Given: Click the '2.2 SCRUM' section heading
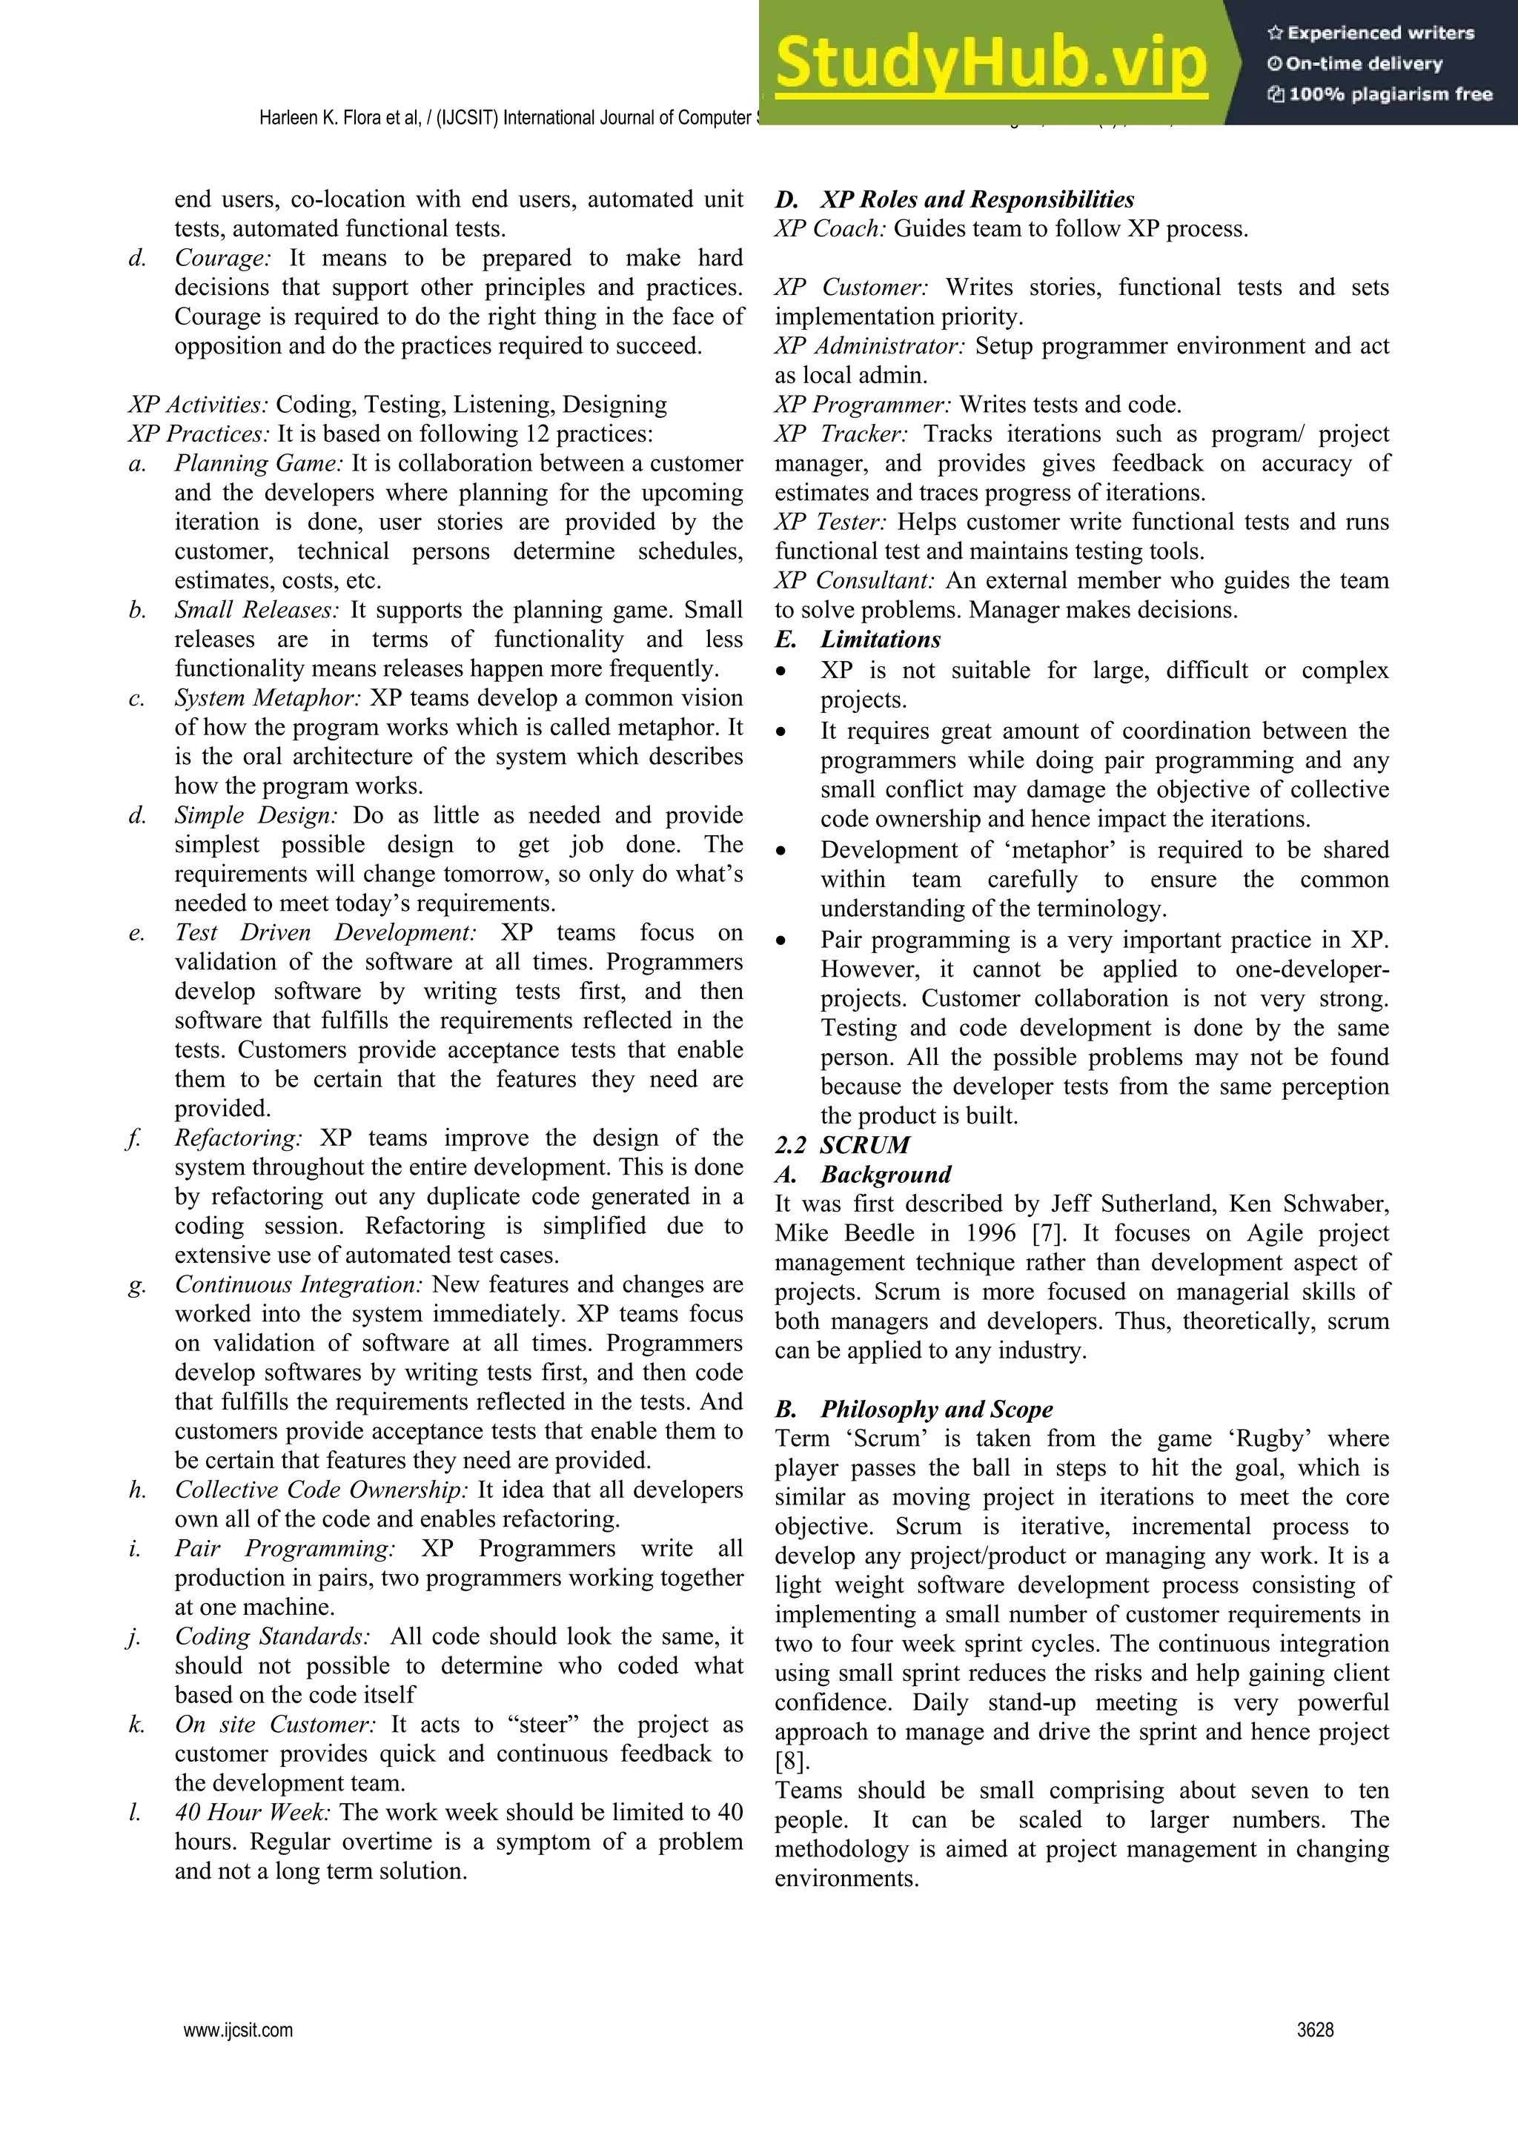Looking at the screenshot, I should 842,1144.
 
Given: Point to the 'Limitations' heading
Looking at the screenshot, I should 879,640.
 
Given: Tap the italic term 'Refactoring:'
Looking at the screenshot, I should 239,1138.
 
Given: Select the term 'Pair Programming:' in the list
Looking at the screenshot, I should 285,1548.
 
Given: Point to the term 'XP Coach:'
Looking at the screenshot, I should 829,229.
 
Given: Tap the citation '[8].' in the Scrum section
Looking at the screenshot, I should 792,1761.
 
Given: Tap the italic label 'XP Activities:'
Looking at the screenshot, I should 199,405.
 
